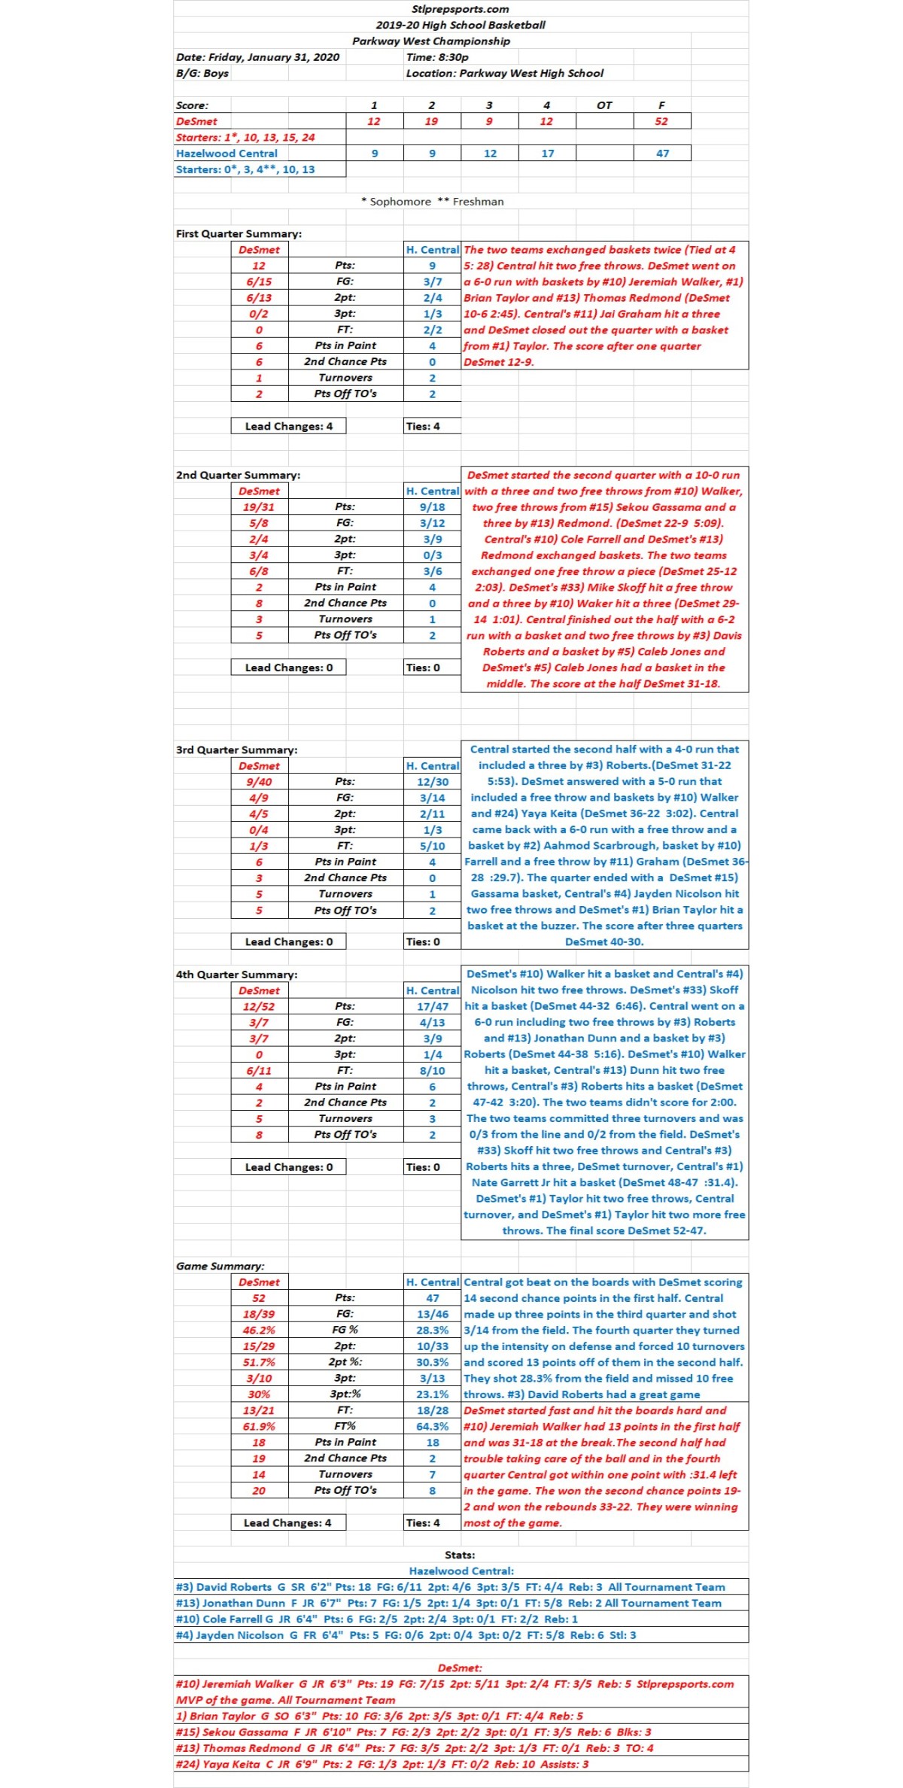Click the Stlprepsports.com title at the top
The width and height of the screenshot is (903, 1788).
coord(460,9)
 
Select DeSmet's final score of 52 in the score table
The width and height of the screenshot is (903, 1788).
coord(661,121)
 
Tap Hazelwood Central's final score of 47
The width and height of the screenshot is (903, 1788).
coord(661,154)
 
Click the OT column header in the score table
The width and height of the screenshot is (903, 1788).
coord(604,105)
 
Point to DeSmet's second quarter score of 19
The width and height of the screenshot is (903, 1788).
coord(431,121)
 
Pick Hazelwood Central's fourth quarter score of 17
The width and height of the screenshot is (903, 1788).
coord(547,154)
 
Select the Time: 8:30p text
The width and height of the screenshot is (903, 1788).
coord(437,57)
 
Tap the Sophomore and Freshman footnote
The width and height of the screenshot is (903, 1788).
coord(432,202)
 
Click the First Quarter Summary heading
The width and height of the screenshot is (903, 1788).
coord(239,233)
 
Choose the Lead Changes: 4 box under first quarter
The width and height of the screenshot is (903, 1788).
coord(288,426)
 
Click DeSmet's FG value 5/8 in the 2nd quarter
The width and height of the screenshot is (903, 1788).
coord(259,523)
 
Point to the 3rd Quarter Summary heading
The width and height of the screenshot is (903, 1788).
coord(236,750)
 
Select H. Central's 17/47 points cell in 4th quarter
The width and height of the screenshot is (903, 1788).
coord(432,1006)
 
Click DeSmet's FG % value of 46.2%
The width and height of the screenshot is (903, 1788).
coord(259,1330)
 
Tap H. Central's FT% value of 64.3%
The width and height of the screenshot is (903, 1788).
coord(432,1426)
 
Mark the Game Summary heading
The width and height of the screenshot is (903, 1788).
coord(220,1266)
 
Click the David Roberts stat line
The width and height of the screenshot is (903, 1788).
coord(450,1587)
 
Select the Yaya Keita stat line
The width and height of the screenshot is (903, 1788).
coord(382,1764)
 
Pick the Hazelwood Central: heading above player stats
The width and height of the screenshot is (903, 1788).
coord(461,1571)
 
